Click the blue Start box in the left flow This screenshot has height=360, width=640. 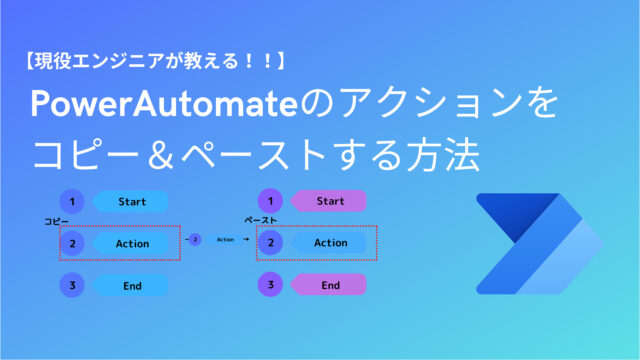pos(131,201)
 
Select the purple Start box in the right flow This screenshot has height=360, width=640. pos(329,201)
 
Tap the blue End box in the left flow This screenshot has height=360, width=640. pos(131,285)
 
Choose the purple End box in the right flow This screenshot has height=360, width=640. pos(329,285)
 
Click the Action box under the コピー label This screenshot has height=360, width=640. pos(131,243)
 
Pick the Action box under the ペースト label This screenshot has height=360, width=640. pos(329,243)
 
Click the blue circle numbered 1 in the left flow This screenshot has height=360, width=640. pos(72,201)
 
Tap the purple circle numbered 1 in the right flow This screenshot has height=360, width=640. pos(270,201)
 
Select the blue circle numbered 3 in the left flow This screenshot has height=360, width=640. pos(72,285)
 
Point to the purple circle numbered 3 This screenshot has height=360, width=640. pos(270,285)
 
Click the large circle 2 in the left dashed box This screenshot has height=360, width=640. pos(72,243)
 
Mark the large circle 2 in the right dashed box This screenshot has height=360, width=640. pos(270,243)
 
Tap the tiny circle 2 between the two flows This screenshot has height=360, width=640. pos(196,240)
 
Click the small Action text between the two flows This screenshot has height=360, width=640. pos(225,240)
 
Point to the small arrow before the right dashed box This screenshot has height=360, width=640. pos(246,240)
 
